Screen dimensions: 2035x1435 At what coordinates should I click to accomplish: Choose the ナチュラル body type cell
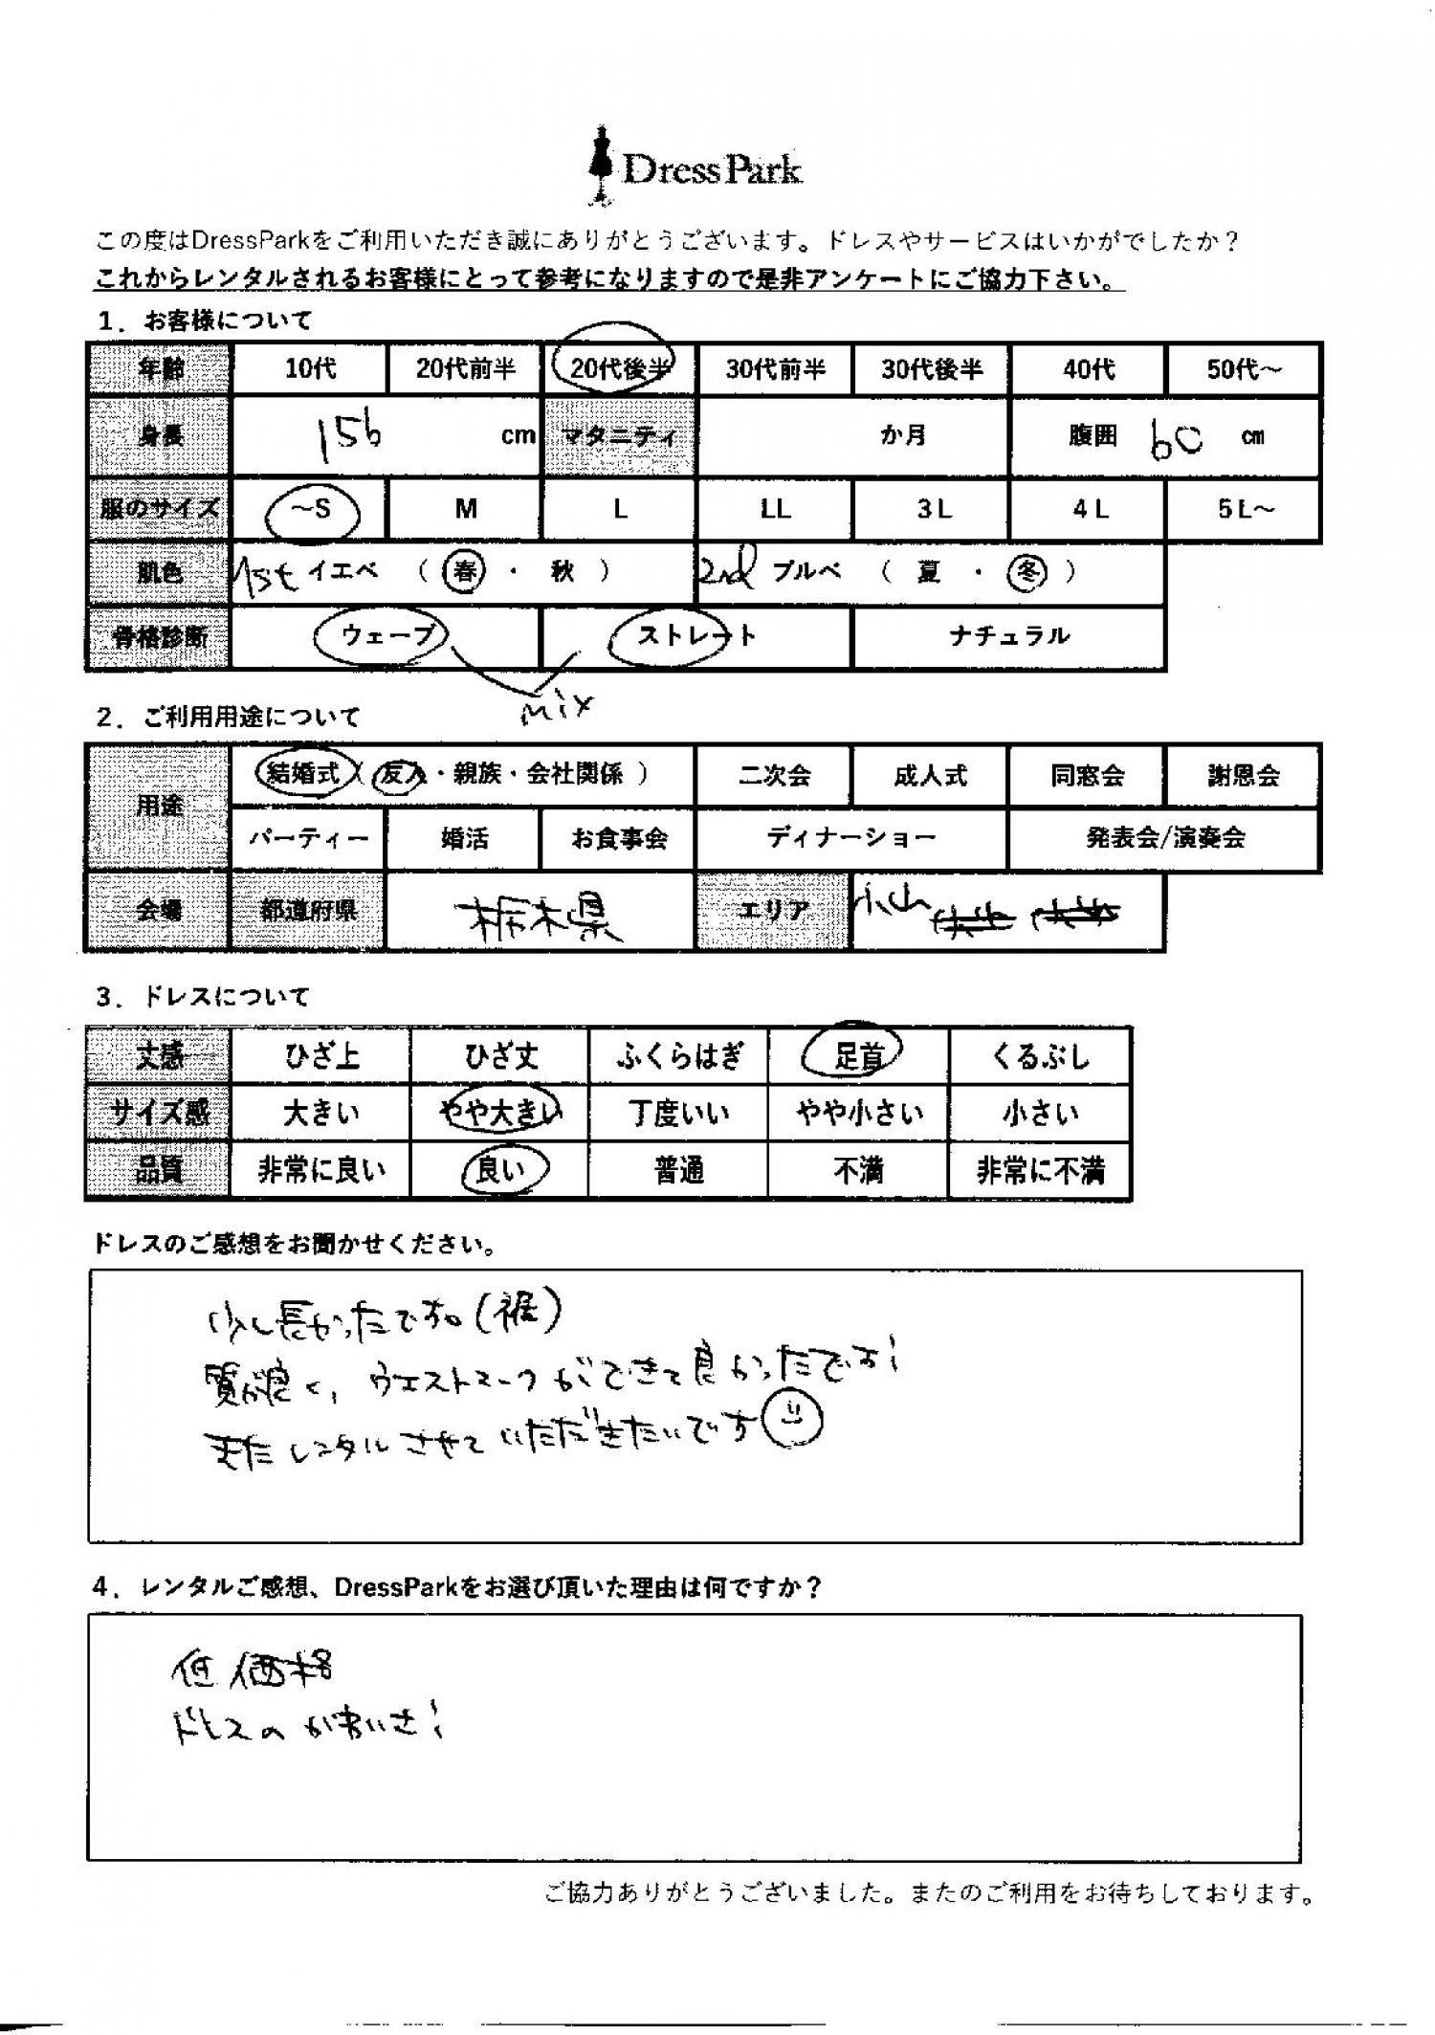point(1008,636)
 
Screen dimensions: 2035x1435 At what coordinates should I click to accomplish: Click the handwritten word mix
point(557,708)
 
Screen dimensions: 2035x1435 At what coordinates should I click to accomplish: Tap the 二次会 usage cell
point(774,775)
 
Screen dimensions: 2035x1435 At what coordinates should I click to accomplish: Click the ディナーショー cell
point(850,838)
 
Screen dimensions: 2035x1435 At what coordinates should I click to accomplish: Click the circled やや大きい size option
point(499,1113)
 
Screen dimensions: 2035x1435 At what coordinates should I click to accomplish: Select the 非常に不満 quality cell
point(1040,1170)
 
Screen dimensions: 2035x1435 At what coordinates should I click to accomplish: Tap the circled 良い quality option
point(499,1169)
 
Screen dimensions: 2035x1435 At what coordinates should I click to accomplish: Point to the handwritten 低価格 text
point(253,1670)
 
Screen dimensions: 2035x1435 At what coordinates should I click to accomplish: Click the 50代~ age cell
point(1243,369)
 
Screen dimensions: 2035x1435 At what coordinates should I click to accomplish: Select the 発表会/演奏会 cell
point(1164,838)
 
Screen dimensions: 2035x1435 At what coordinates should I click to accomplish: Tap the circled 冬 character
point(1027,572)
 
